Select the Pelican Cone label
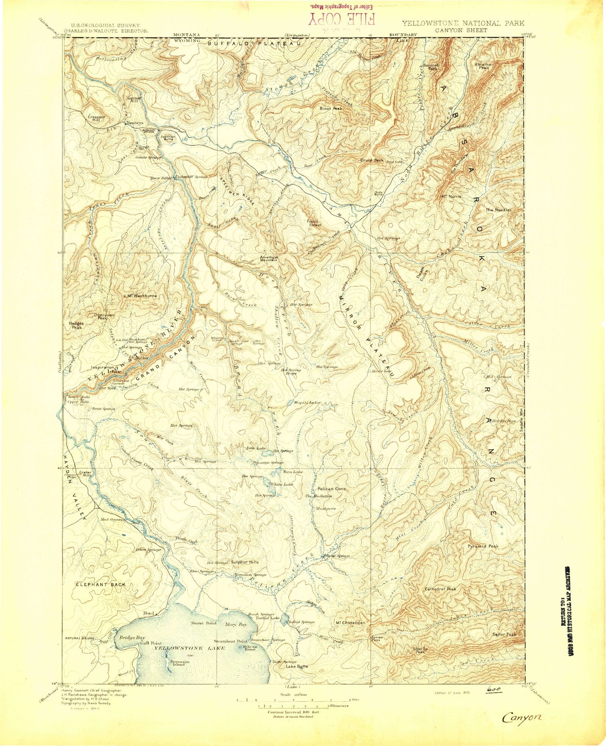331,489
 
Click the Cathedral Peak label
440,589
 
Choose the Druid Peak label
372,160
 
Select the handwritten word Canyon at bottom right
522,717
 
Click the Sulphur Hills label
245,562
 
